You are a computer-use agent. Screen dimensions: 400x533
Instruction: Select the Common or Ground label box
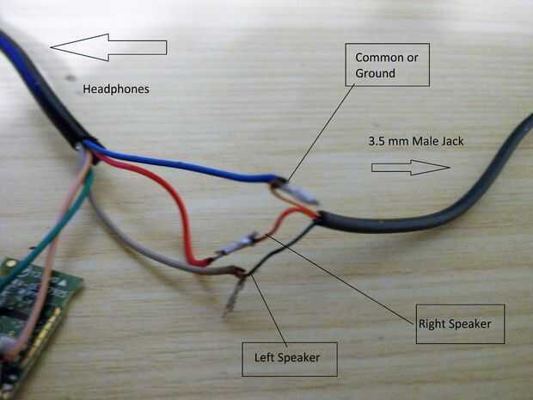click(x=387, y=65)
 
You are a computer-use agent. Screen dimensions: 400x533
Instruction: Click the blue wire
click(x=189, y=165)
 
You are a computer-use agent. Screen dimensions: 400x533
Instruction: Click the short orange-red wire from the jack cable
click(x=292, y=216)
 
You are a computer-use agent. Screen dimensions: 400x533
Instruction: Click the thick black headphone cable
click(x=43, y=86)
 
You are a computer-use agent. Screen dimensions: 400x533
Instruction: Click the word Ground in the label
click(x=375, y=73)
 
